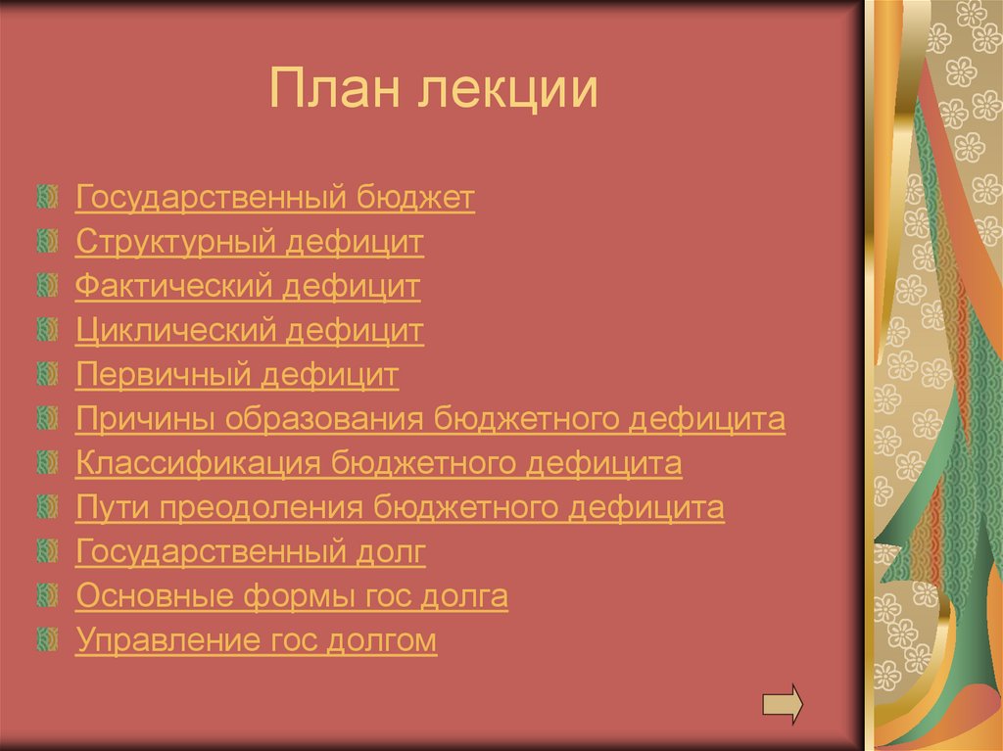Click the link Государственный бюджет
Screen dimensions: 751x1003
(x=274, y=199)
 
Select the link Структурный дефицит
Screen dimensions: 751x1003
(x=249, y=243)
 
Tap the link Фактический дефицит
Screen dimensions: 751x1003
(x=247, y=287)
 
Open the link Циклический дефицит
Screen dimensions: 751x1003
(x=249, y=331)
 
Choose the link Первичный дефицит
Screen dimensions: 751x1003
(x=237, y=375)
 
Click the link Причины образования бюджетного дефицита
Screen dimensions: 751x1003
(x=430, y=420)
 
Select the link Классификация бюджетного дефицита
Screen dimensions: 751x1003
(x=378, y=464)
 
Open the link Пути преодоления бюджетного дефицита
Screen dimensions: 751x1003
(x=400, y=508)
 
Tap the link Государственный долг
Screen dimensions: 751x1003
(x=251, y=552)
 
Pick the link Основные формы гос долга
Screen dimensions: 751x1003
(x=291, y=596)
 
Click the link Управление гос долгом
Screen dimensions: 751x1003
(x=256, y=641)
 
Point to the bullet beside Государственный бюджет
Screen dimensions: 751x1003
(x=47, y=198)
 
